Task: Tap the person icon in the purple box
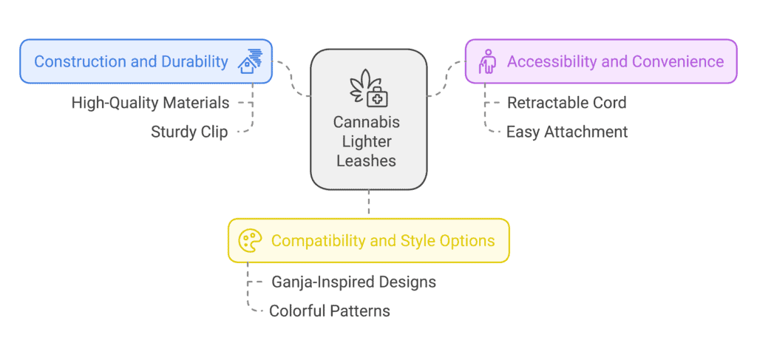click(487, 61)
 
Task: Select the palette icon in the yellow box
click(250, 241)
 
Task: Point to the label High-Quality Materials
click(150, 103)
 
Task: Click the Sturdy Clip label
click(189, 132)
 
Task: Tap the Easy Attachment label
click(567, 132)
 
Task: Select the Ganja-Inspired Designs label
click(353, 282)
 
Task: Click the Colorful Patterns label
click(329, 310)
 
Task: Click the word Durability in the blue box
click(194, 61)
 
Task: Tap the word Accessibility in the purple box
click(551, 61)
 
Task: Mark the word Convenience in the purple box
click(678, 61)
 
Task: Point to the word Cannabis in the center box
click(367, 123)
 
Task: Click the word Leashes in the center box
click(367, 160)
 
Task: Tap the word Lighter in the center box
click(367, 142)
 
